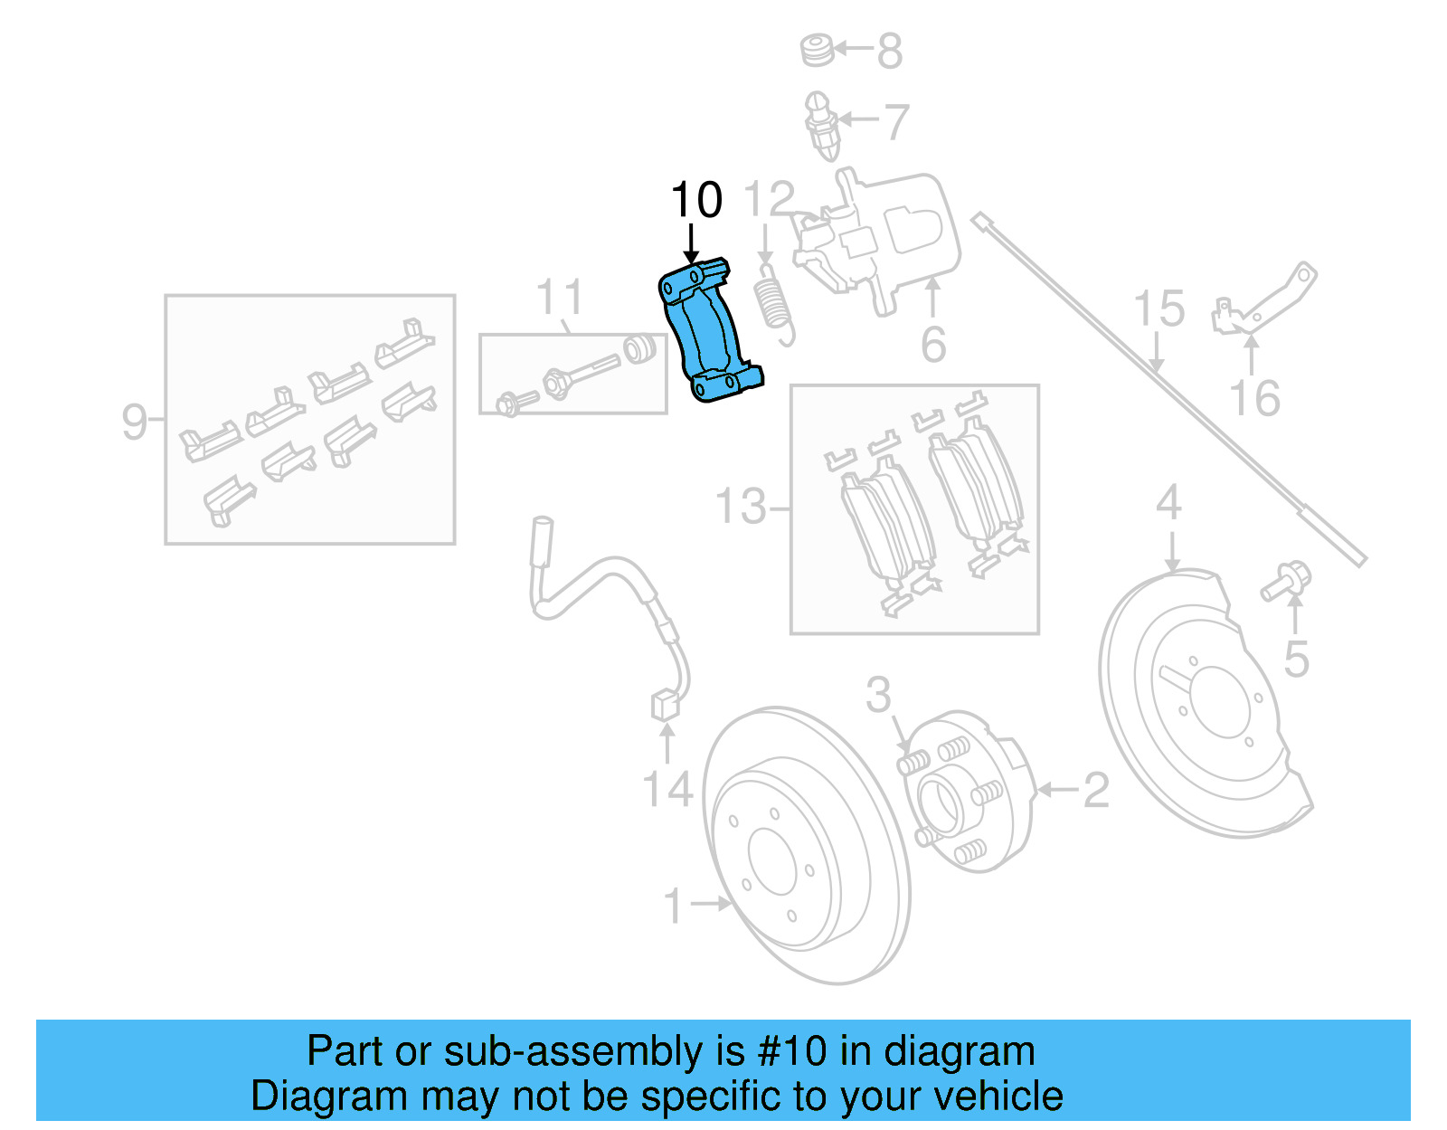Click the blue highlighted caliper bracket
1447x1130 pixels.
[x=708, y=331]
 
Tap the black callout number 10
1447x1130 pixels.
[x=696, y=200]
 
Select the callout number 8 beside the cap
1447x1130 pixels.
[x=889, y=52]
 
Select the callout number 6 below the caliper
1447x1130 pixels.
[x=933, y=346]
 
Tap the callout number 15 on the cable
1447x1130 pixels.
[x=1159, y=309]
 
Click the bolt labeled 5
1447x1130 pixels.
[x=1286, y=581]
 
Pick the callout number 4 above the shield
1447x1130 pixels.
[x=1168, y=502]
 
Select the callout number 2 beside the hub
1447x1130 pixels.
[x=1095, y=791]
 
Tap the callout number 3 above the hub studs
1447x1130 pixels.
[x=878, y=695]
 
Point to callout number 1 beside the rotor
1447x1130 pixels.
[x=673, y=906]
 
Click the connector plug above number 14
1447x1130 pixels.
[x=665, y=705]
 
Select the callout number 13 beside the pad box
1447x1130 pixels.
[x=741, y=507]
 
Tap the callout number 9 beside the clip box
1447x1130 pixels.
[x=134, y=422]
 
